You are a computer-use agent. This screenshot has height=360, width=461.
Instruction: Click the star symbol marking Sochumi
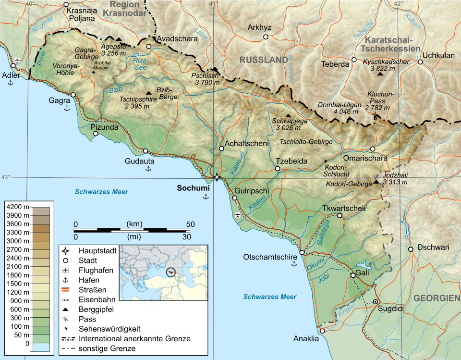[x=217, y=177]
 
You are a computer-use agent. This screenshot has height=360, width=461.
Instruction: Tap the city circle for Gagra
[x=73, y=95]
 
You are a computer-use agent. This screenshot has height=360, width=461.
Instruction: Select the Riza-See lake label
[x=141, y=64]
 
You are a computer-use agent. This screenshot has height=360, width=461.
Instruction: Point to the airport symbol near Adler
[x=18, y=60]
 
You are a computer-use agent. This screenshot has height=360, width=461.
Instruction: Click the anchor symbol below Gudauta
[x=148, y=168]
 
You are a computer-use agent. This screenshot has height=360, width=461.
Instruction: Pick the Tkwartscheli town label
[x=344, y=208]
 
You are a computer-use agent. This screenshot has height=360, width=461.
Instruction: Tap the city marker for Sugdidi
[x=376, y=301]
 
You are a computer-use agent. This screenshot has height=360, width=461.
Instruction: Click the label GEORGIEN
[x=437, y=298]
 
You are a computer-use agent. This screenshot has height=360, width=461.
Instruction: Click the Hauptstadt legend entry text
[x=98, y=250]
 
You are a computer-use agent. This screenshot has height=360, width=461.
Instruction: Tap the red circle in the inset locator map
[x=171, y=272]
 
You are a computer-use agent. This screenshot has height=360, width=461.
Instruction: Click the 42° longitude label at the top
[x=398, y=4]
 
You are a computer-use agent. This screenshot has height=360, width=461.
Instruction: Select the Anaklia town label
[x=306, y=339]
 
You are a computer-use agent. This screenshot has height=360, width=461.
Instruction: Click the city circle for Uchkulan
[x=420, y=62]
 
